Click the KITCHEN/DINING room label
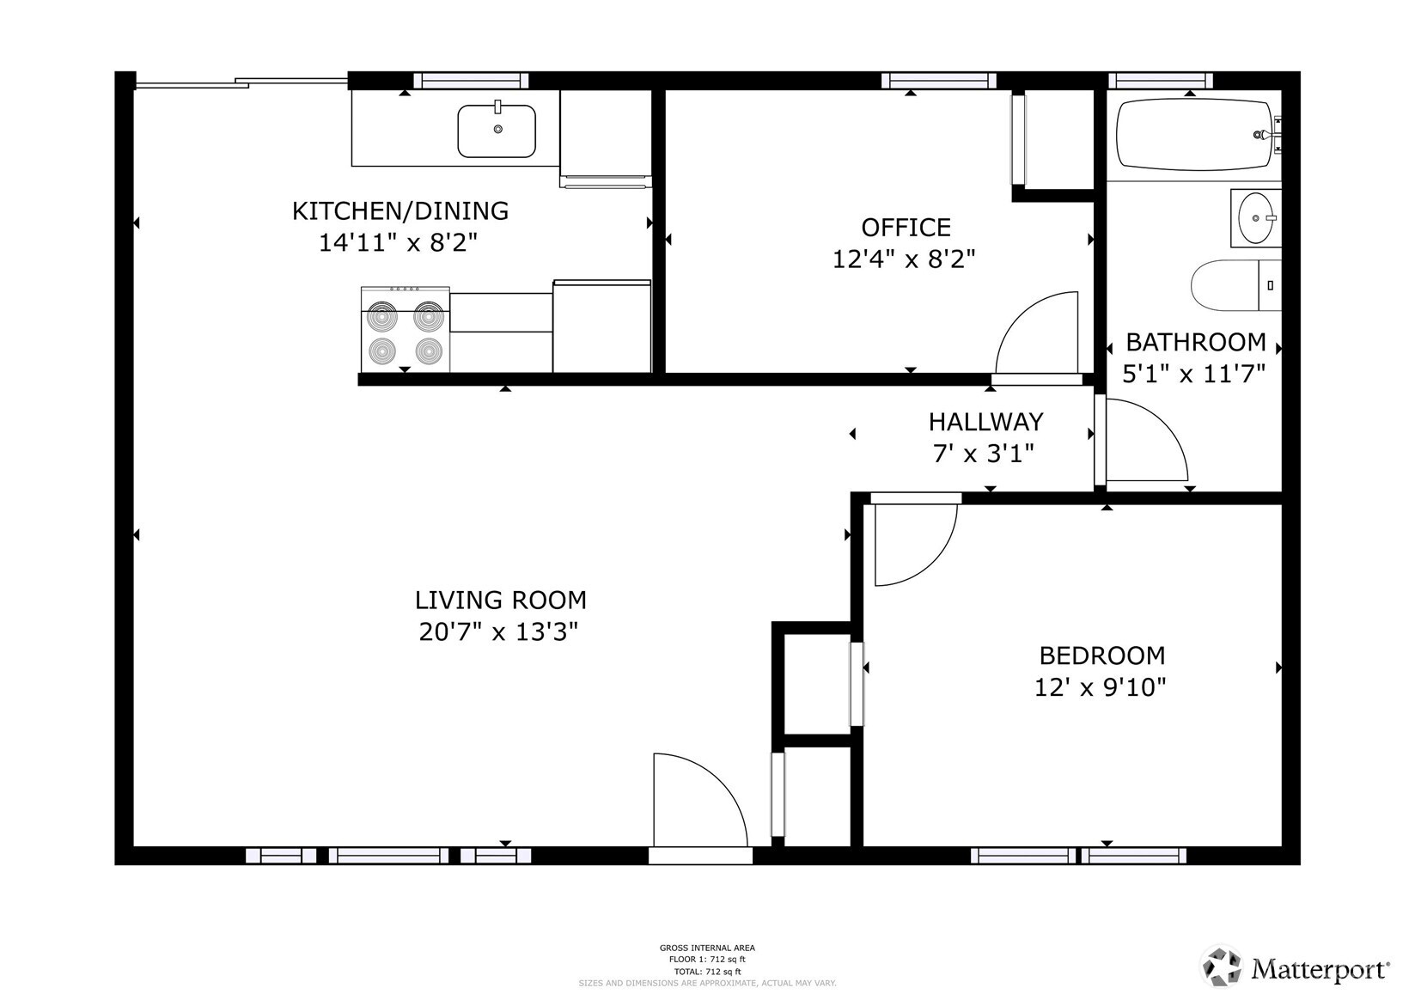point(400,210)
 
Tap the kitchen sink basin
point(497,131)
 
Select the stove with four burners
point(406,330)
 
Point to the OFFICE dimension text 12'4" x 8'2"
point(904,259)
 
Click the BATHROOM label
point(1195,342)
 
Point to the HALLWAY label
point(985,422)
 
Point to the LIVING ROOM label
point(500,600)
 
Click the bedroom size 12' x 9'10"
point(1101,687)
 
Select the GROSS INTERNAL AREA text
point(707,948)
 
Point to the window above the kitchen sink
point(470,81)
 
